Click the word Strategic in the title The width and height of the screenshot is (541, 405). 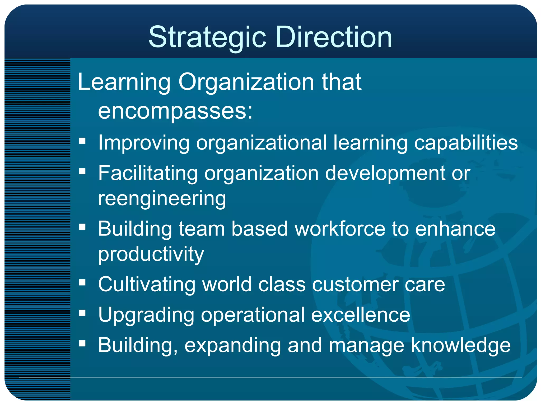coord(207,37)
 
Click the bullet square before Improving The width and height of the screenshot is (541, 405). coord(82,141)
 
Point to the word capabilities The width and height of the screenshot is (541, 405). coord(466,143)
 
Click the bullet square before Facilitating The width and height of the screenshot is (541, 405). coord(82,172)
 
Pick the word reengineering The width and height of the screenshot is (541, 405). coord(162,199)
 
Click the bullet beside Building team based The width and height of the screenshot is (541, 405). coord(82,227)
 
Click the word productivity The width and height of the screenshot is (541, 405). coord(151,254)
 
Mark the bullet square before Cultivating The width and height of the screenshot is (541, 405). coord(82,283)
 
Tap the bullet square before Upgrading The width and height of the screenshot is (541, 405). coord(82,313)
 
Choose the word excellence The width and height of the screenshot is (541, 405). coord(360,315)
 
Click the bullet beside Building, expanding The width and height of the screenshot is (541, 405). coord(82,343)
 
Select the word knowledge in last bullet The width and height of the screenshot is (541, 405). coord(460,345)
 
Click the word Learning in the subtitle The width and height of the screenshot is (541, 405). coord(124,82)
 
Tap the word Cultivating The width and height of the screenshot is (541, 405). coord(147,285)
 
